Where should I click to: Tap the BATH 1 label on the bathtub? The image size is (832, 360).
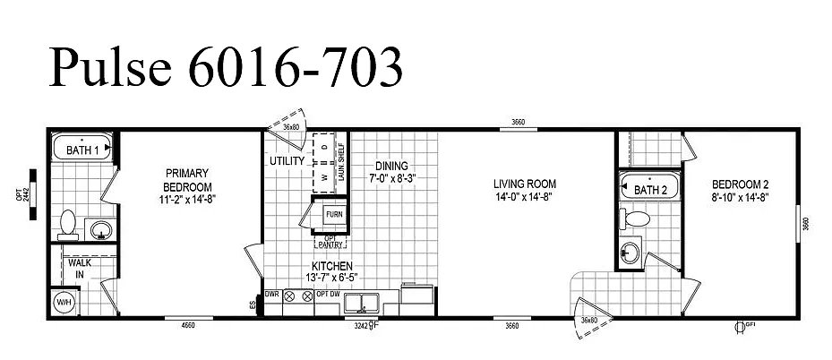click(x=82, y=151)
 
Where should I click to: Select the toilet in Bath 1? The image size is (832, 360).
click(x=67, y=220)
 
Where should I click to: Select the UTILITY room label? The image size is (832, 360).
click(x=287, y=161)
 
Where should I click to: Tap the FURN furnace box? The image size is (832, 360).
click(x=333, y=215)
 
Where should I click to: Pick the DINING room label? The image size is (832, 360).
click(x=391, y=166)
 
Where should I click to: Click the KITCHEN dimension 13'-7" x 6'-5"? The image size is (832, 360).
click(x=331, y=279)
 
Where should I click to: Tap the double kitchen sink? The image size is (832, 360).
click(x=363, y=301)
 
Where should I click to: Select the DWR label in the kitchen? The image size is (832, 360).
click(x=271, y=294)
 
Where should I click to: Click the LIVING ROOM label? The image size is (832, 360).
click(x=526, y=184)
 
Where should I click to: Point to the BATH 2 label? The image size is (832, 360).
click(x=651, y=190)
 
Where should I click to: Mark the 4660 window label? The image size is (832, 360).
click(x=188, y=325)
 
